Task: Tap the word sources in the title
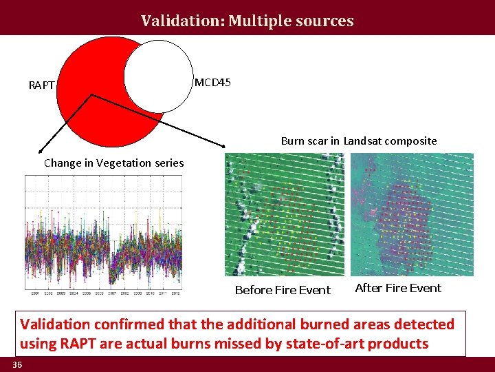(327, 21)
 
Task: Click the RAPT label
(41, 85)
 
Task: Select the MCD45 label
(212, 83)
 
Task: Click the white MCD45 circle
(159, 76)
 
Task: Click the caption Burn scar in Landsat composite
(358, 141)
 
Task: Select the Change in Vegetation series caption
(113, 163)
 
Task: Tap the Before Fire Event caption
(283, 290)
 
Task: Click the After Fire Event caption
(398, 288)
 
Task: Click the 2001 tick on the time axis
(34, 293)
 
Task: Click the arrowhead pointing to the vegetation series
(40, 151)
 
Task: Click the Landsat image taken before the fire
(285, 215)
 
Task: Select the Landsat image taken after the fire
(411, 214)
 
